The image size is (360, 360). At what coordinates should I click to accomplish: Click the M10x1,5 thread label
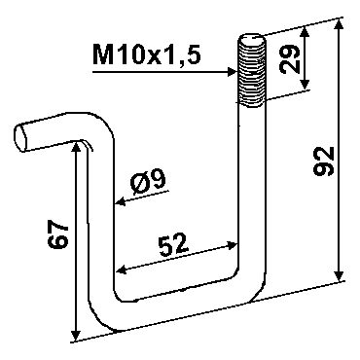[x=147, y=54]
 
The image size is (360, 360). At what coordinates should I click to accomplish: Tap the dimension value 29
[x=290, y=58]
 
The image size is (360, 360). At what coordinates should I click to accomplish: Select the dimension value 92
[x=324, y=162]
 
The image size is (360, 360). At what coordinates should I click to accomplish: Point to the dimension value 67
[x=58, y=235]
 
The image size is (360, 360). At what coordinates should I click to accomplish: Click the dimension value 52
[x=173, y=243]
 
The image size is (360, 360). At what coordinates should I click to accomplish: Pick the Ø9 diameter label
[x=148, y=183]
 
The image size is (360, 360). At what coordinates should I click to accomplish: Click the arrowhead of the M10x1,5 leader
[x=232, y=72]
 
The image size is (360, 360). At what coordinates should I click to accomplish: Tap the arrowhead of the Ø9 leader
[x=120, y=202]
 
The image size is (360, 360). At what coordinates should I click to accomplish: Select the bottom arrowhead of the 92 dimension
[x=340, y=275]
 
